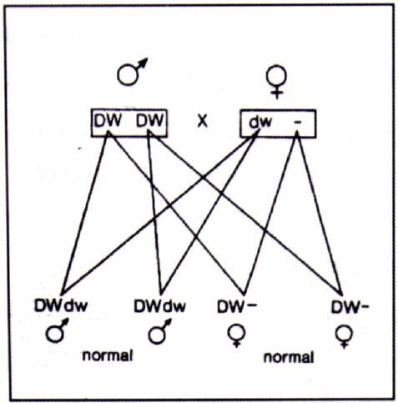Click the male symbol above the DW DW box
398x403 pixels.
[x=128, y=74]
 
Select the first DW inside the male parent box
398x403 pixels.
[x=108, y=121]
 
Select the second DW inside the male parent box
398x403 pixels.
[x=149, y=121]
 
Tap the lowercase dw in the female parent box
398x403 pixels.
[x=260, y=122]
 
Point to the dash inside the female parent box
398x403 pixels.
[x=298, y=123]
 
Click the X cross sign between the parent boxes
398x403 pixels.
[x=202, y=121]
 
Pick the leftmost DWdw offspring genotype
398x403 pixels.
[x=61, y=305]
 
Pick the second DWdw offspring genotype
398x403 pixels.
[x=159, y=306]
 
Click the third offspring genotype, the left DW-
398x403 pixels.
[x=237, y=306]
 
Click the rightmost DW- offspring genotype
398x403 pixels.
[x=350, y=307]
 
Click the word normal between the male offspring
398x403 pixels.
[x=108, y=355]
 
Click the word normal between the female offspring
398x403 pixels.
[x=289, y=357]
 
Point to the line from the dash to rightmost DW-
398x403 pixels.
[x=320, y=214]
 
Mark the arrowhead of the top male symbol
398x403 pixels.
[x=143, y=63]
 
